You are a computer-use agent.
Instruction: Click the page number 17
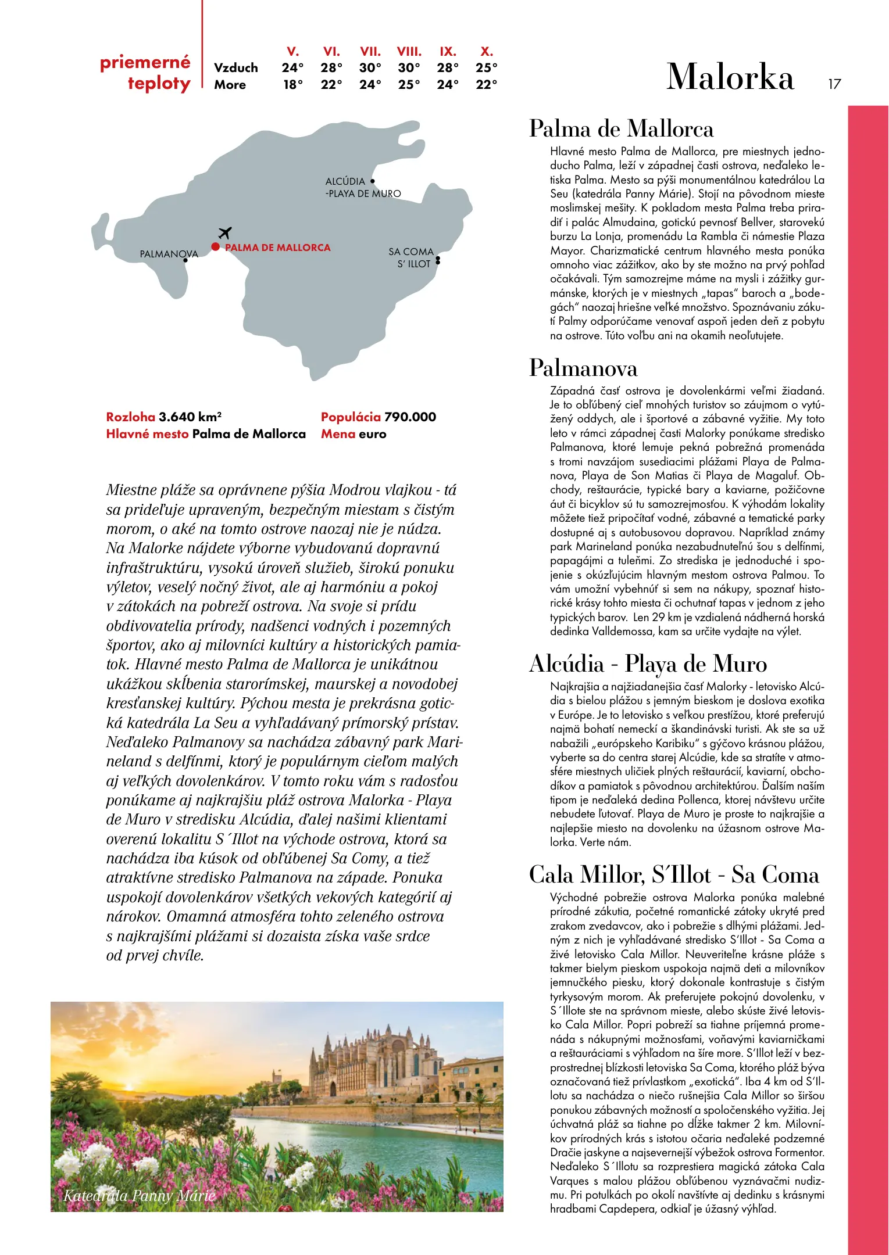pyautogui.click(x=834, y=84)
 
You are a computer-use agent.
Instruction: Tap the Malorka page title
pyautogui.click(x=730, y=77)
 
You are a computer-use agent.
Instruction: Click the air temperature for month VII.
pyautogui.click(x=370, y=68)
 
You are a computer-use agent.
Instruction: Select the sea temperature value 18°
pyautogui.click(x=293, y=85)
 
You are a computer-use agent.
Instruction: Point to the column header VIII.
pyautogui.click(x=409, y=52)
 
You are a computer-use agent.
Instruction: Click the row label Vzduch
pyautogui.click(x=236, y=68)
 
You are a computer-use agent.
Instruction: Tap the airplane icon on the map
pyautogui.click(x=225, y=233)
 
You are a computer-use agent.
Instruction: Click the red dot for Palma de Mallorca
pyautogui.click(x=216, y=247)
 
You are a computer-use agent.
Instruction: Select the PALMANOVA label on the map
pyautogui.click(x=169, y=254)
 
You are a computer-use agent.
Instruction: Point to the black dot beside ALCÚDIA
pyautogui.click(x=373, y=181)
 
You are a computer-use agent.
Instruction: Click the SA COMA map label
pyautogui.click(x=411, y=252)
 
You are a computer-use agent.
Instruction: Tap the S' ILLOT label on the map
pyautogui.click(x=414, y=264)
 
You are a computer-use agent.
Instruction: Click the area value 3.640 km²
pyautogui.click(x=190, y=417)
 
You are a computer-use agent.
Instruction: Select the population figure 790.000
pyautogui.click(x=410, y=417)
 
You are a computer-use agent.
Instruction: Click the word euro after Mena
pyautogui.click(x=372, y=434)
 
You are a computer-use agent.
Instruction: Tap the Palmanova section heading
pyautogui.click(x=583, y=368)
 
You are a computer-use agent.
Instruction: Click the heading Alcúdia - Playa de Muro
pyautogui.click(x=648, y=664)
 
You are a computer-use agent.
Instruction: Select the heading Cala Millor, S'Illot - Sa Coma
pyautogui.click(x=674, y=875)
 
